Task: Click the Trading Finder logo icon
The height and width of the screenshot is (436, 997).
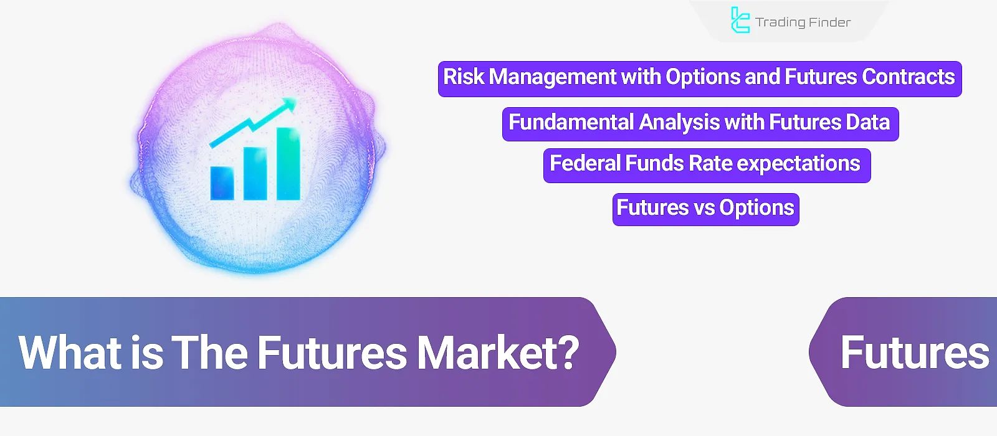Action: pos(740,20)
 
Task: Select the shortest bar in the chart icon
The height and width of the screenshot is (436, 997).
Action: pos(222,182)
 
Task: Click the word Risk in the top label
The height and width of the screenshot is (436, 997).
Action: pos(464,77)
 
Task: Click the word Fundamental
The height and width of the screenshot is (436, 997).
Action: pos(571,122)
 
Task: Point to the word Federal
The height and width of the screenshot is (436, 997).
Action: pos(584,164)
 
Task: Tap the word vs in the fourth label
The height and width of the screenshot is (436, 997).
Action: pos(704,207)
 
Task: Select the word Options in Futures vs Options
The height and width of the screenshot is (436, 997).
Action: pos(756,207)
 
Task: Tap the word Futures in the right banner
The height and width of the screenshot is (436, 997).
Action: pos(914,353)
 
